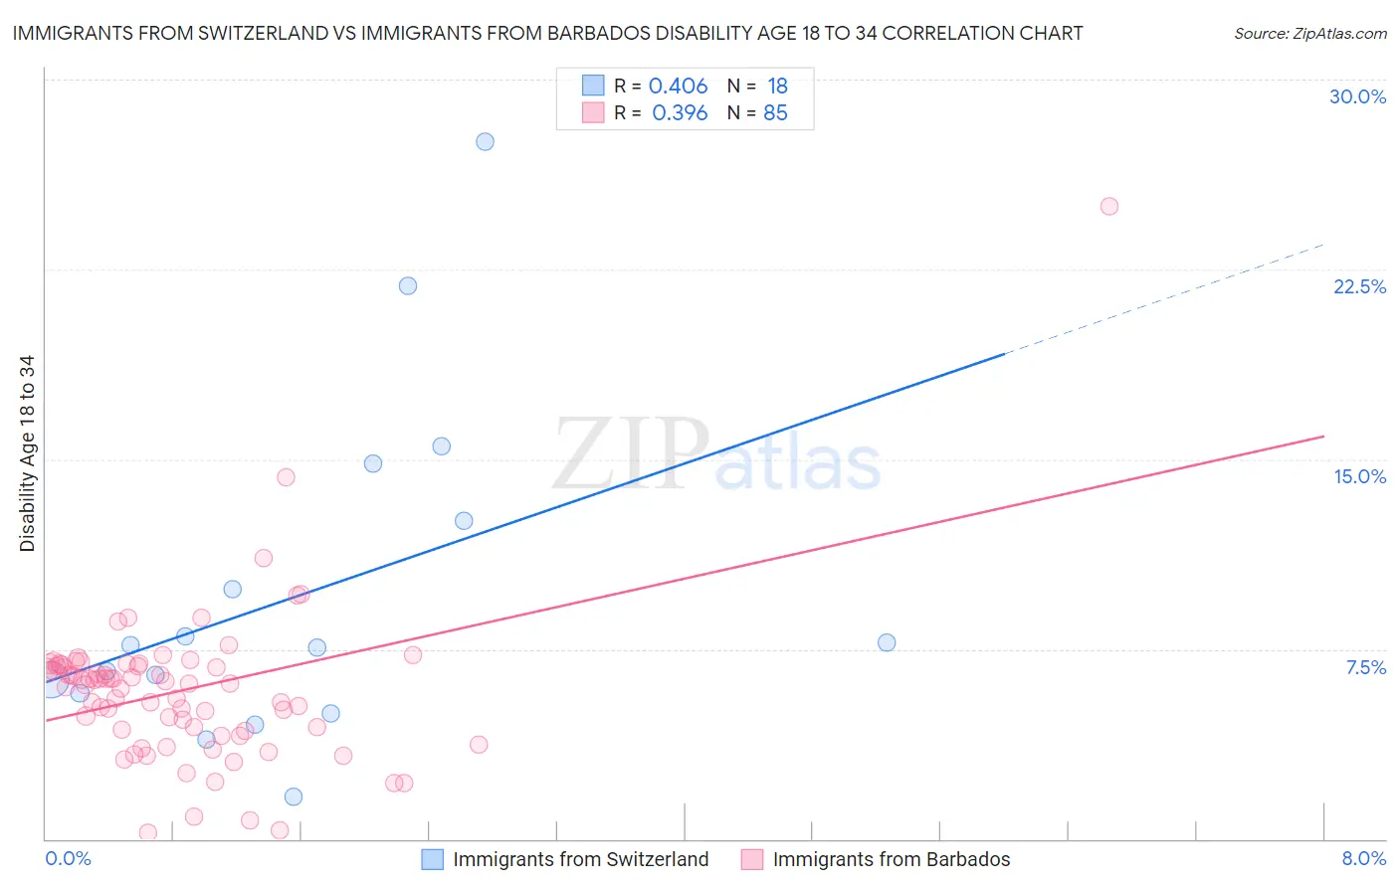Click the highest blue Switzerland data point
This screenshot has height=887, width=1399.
[x=485, y=141]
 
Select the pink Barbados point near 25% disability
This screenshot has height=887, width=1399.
[x=1109, y=207]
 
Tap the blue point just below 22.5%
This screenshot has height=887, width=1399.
[x=408, y=285]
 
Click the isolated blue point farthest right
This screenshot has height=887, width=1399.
[x=887, y=642]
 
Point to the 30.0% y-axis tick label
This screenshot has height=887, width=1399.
[x=1357, y=96]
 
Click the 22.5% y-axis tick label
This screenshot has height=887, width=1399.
[x=1359, y=286]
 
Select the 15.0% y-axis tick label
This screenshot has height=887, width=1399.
[x=1359, y=476]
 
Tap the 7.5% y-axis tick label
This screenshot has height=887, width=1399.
[x=1365, y=667]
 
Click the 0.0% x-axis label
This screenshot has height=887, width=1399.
[x=68, y=858]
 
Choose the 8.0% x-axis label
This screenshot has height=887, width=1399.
[x=1363, y=858]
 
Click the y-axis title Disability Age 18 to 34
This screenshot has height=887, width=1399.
[x=27, y=453]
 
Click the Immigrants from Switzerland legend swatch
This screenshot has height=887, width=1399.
[x=432, y=859]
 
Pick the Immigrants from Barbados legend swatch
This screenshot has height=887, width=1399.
[x=752, y=859]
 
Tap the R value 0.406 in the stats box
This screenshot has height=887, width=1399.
[x=678, y=87]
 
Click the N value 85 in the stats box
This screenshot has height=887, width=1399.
[x=775, y=113]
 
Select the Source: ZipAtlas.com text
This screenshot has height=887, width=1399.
[x=1309, y=34]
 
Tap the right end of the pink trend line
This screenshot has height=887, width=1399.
[x=1322, y=437]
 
